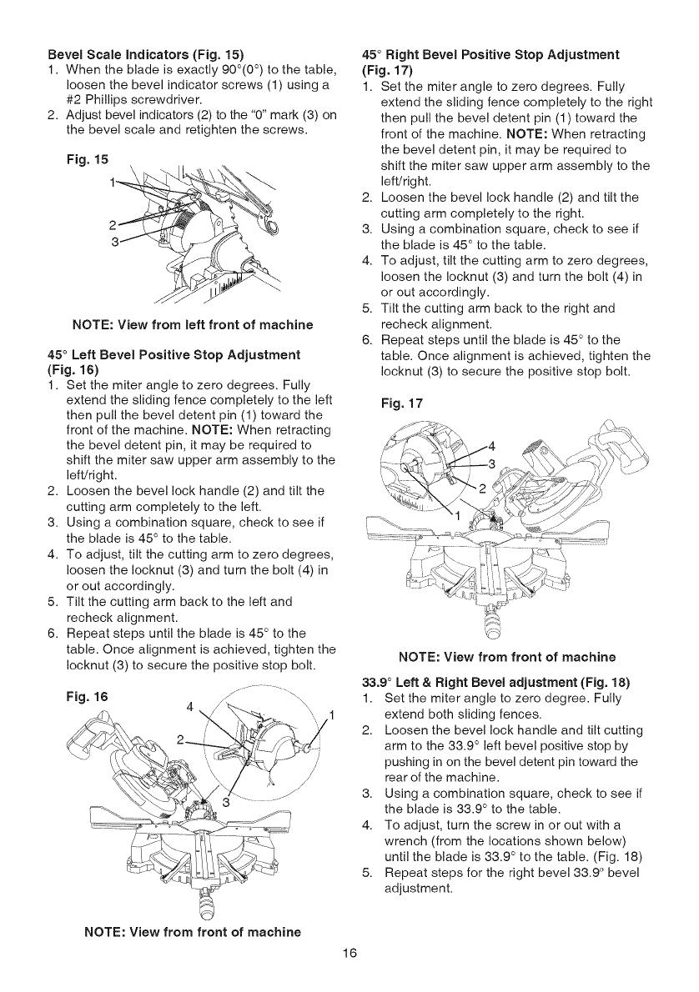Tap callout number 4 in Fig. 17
click(x=491, y=443)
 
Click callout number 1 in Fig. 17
click(x=456, y=515)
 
